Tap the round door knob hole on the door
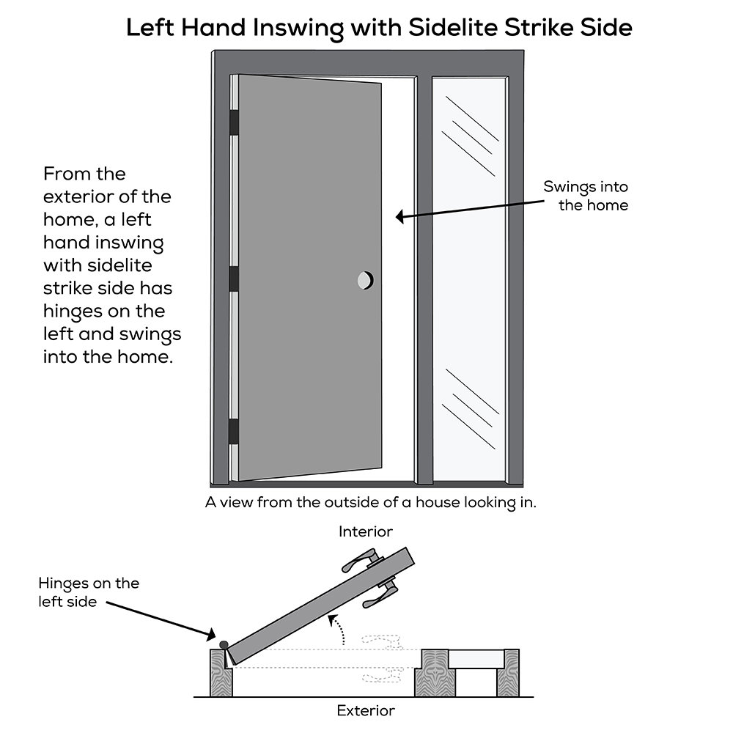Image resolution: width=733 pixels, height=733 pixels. click(364, 279)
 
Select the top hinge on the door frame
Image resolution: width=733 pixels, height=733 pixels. click(235, 122)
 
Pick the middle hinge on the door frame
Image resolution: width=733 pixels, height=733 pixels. click(235, 279)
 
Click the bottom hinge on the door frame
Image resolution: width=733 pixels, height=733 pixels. click(235, 431)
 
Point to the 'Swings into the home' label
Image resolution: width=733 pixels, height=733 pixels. click(586, 196)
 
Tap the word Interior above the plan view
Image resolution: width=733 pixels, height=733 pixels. click(365, 531)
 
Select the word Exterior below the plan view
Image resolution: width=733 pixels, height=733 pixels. click(365, 710)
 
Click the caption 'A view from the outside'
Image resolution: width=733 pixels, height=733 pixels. click(372, 504)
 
